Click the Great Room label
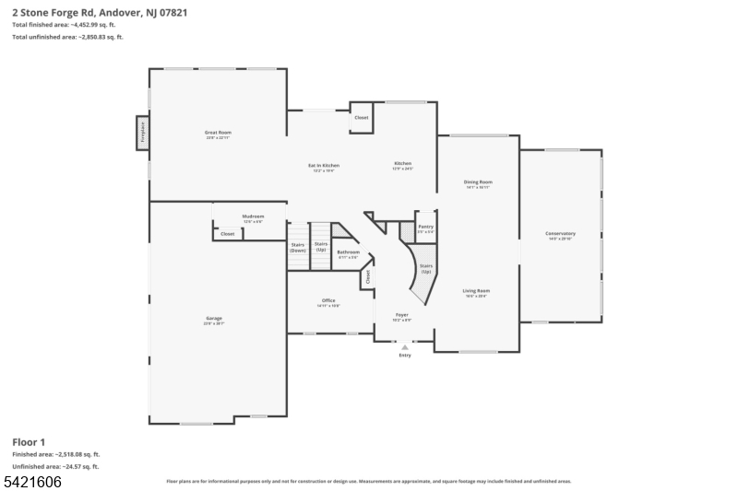pos(218,134)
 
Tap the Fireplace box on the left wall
pos(143,132)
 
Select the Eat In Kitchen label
pos(322,167)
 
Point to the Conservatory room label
pos(560,234)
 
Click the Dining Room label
pos(478,183)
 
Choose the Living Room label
pos(476,292)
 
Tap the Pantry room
pos(425,228)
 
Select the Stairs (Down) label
pos(297,248)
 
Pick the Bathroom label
pos(348,253)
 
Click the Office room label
pos(328,302)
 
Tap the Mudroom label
pos(253,218)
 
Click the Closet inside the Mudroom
pos(227,234)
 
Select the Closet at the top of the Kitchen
pos(361,118)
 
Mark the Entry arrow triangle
pos(404,347)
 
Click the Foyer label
pos(401,315)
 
